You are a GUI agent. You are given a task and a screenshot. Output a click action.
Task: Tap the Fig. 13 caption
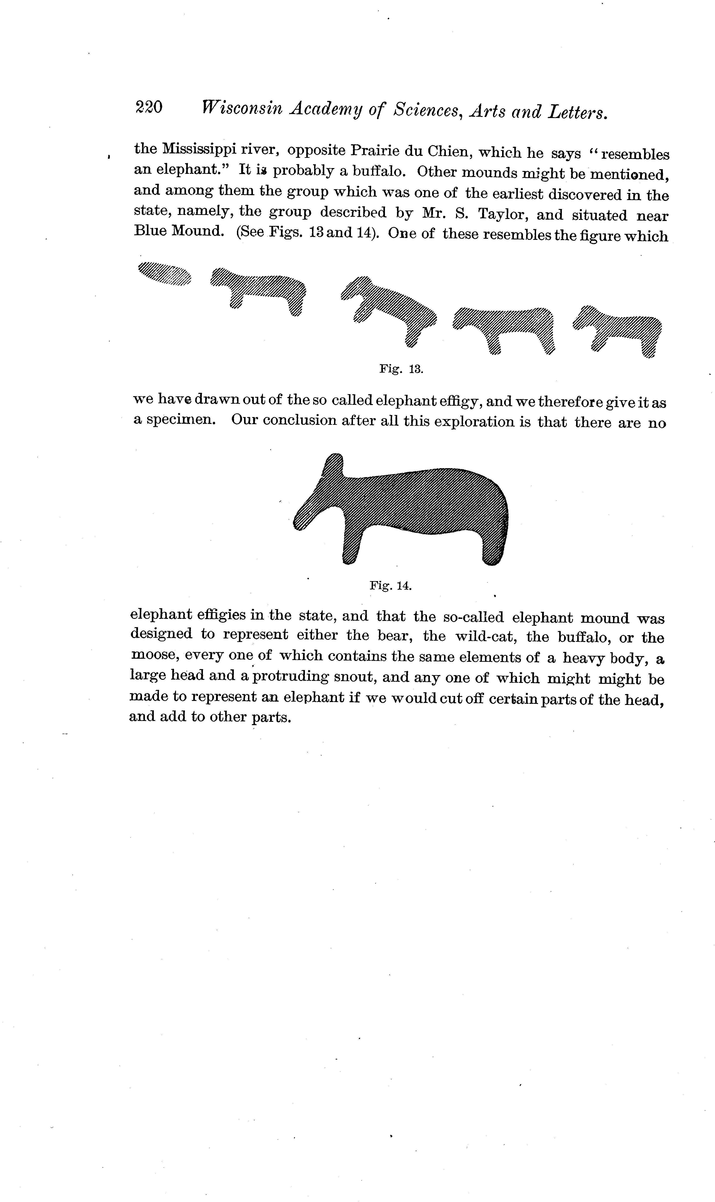click(401, 369)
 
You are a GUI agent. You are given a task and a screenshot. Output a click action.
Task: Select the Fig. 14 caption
click(390, 586)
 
